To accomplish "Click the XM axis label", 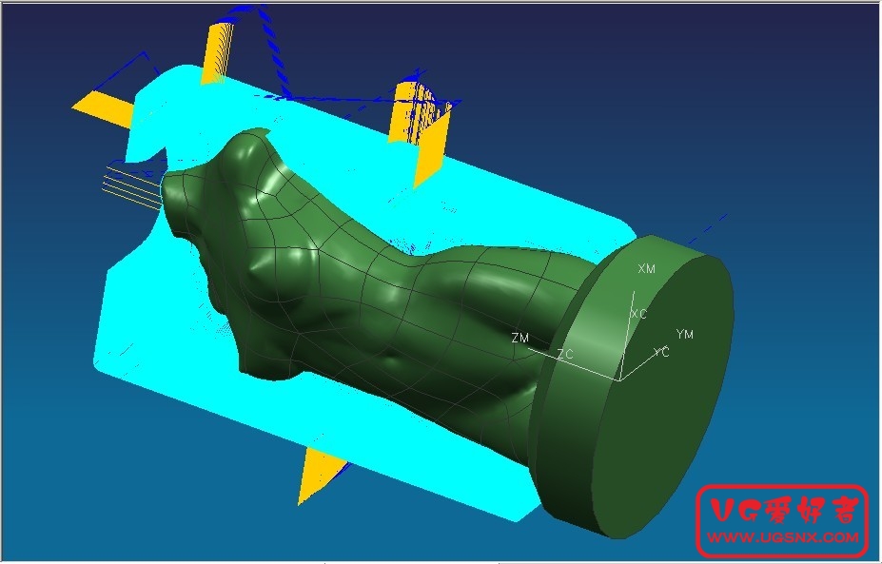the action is click(646, 269).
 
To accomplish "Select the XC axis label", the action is click(638, 314).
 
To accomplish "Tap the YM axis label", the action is click(684, 335).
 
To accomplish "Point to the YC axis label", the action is click(661, 353).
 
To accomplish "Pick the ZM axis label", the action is click(520, 338).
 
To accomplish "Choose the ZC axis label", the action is click(565, 354).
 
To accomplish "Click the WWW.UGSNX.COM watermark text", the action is click(783, 537).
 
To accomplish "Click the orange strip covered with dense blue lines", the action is click(419, 126).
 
